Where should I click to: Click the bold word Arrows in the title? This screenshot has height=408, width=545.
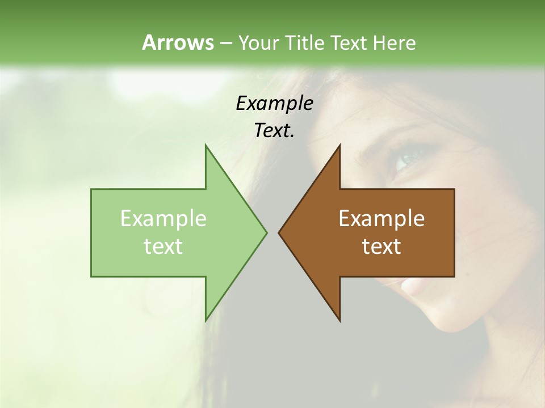(x=178, y=42)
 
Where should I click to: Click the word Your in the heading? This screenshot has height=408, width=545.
(x=257, y=42)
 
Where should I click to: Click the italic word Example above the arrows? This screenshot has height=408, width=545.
(x=274, y=103)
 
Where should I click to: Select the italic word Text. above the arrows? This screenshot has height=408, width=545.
(x=274, y=131)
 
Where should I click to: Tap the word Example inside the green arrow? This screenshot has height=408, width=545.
(x=163, y=219)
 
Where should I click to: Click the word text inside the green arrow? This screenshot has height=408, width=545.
(x=163, y=246)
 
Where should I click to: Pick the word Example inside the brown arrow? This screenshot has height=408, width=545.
(x=381, y=219)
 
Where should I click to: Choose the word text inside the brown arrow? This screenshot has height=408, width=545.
(x=381, y=246)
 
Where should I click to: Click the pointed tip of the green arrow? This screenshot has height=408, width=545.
(x=266, y=232)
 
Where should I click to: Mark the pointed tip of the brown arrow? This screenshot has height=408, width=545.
(x=279, y=232)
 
